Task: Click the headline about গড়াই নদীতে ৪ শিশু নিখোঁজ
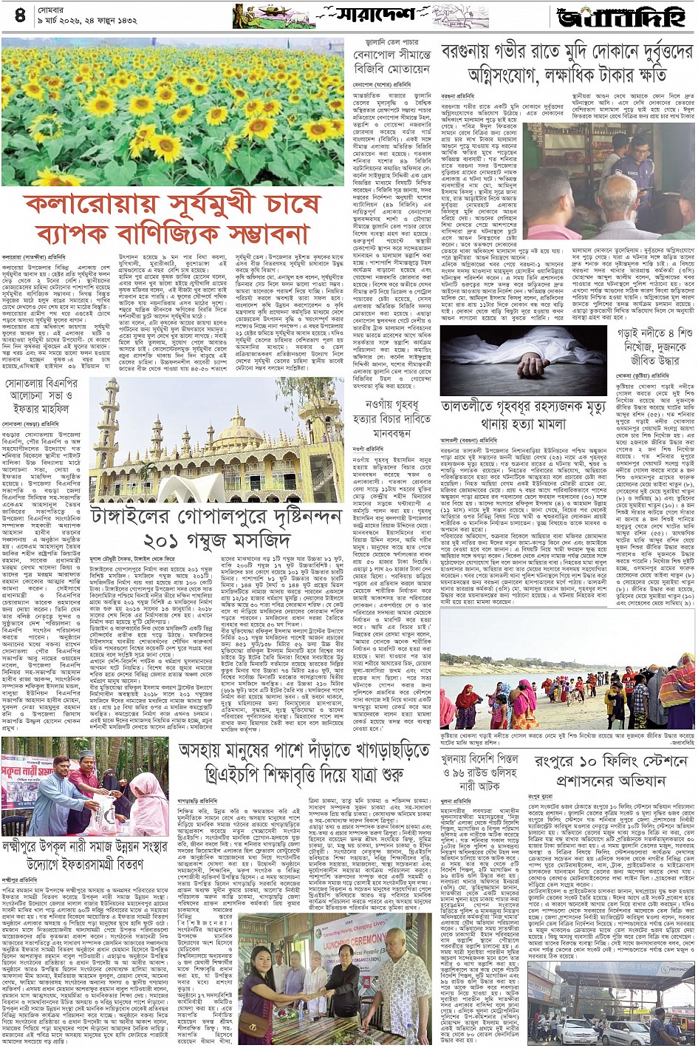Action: tap(654, 346)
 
